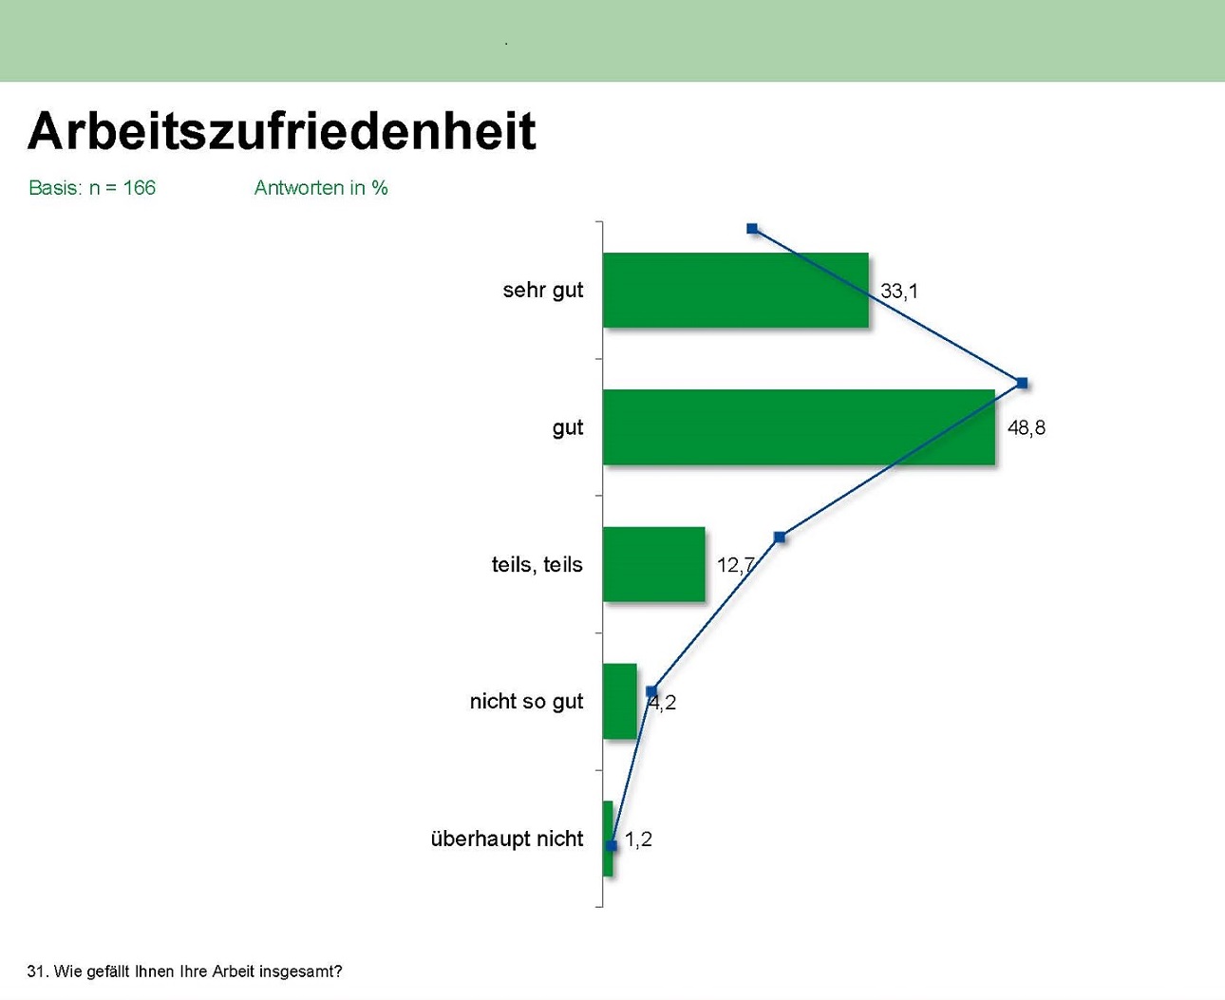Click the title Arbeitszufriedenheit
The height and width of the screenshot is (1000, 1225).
click(282, 132)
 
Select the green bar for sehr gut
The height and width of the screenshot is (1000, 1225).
click(736, 290)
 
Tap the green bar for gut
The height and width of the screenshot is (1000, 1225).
click(799, 427)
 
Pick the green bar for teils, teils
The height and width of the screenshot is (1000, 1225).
click(654, 564)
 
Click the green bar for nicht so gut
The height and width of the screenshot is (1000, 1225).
click(620, 702)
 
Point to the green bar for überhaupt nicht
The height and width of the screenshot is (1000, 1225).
click(608, 839)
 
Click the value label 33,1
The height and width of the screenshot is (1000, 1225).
click(899, 291)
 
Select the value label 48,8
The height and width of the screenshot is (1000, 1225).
click(1027, 427)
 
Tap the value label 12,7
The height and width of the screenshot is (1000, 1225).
click(735, 565)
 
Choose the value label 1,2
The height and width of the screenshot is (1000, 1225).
click(638, 840)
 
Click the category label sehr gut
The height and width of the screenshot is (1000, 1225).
click(542, 290)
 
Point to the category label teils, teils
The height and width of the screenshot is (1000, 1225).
click(537, 564)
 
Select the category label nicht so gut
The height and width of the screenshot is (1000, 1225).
click(526, 702)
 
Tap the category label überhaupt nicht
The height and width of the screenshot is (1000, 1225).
click(506, 839)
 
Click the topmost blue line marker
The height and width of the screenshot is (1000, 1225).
click(752, 229)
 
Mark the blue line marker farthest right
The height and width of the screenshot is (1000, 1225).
click(1023, 383)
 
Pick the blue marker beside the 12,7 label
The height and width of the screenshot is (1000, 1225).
click(780, 538)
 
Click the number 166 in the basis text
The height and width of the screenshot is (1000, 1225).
click(140, 188)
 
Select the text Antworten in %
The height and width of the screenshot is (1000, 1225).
click(321, 188)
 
